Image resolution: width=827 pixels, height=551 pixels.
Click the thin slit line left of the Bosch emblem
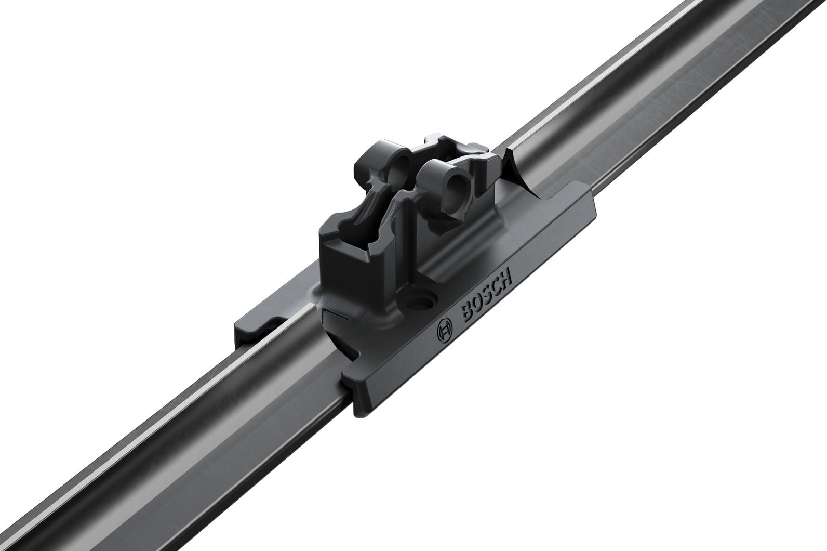pyautogui.click(x=335, y=314)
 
